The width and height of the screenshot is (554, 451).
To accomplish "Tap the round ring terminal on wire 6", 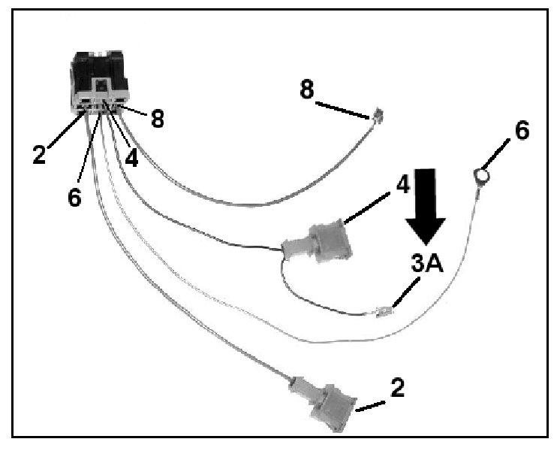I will pos(481,177).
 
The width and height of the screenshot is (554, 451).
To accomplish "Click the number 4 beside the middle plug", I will pos(402,183).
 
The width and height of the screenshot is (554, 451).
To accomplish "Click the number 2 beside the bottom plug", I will pos(398,388).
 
